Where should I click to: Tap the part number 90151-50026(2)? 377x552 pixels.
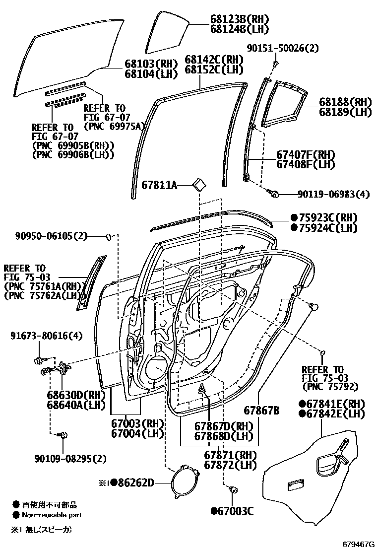click(x=283, y=48)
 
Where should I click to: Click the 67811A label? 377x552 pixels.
click(x=159, y=185)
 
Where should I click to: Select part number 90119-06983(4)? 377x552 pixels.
click(x=333, y=194)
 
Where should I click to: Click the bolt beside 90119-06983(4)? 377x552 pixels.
click(x=273, y=194)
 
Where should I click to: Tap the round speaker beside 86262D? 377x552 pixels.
click(x=182, y=482)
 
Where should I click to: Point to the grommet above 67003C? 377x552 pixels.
click(x=231, y=490)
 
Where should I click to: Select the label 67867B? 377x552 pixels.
click(x=261, y=411)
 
